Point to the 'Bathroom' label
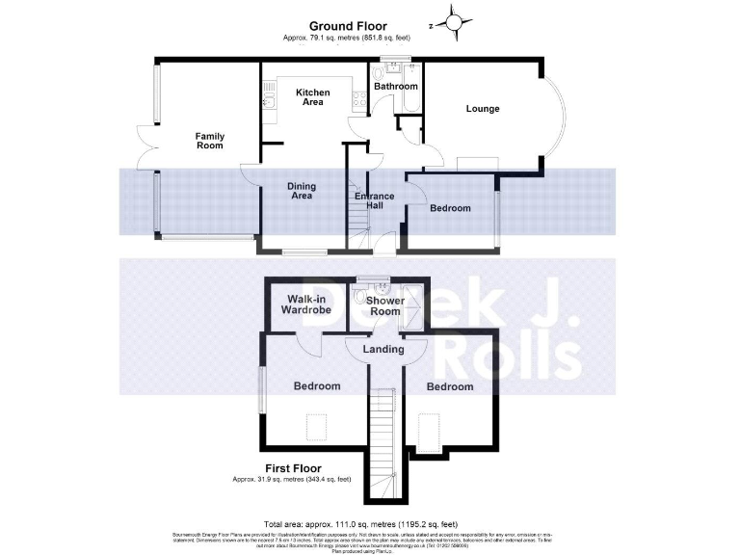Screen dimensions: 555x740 click(x=396, y=86)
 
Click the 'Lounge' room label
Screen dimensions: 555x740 click(x=483, y=108)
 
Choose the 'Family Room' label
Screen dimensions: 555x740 click(x=209, y=141)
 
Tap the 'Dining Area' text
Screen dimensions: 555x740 click(x=303, y=191)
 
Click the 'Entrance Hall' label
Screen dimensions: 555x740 click(x=375, y=202)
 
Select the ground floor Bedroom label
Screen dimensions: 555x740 click(x=450, y=208)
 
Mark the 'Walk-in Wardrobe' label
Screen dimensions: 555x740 click(x=305, y=304)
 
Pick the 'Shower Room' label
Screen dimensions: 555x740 click(x=385, y=305)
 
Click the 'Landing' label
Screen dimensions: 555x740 click(x=383, y=349)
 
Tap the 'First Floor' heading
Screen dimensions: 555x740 click(x=293, y=468)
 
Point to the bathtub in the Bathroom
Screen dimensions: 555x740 click(x=413, y=93)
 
